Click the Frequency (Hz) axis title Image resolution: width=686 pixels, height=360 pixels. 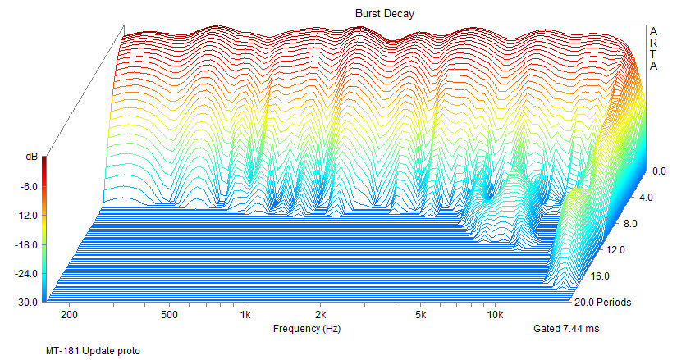point(307,329)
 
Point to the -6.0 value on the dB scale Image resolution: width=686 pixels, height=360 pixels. point(29,186)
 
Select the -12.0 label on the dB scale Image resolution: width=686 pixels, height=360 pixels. point(26,215)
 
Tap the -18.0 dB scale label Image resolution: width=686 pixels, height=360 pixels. point(26,244)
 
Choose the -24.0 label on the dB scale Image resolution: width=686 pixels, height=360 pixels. point(26,273)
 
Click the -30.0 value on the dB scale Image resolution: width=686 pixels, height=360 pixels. point(26,303)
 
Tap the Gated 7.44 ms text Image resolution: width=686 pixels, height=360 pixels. point(567,329)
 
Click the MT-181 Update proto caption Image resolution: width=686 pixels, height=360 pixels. point(93,351)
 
